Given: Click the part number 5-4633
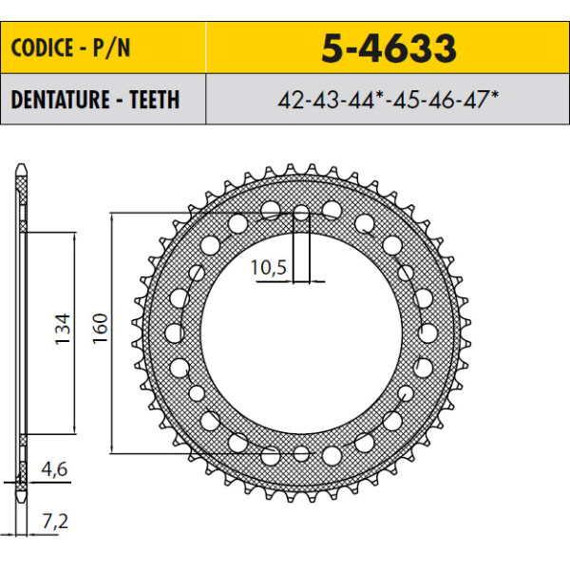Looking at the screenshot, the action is click(389, 47).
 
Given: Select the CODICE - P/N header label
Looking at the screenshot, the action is click(70, 47).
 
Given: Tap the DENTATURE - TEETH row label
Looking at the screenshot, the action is click(95, 99).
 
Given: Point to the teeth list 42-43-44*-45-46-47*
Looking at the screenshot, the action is click(388, 99).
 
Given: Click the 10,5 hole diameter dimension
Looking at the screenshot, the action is click(268, 268).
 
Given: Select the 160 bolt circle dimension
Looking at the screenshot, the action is click(101, 329).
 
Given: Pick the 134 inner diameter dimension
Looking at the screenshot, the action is click(62, 329).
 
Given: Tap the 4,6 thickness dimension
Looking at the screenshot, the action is click(54, 469).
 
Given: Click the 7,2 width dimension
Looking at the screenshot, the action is click(55, 522).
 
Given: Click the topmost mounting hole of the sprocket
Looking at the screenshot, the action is click(301, 213).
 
